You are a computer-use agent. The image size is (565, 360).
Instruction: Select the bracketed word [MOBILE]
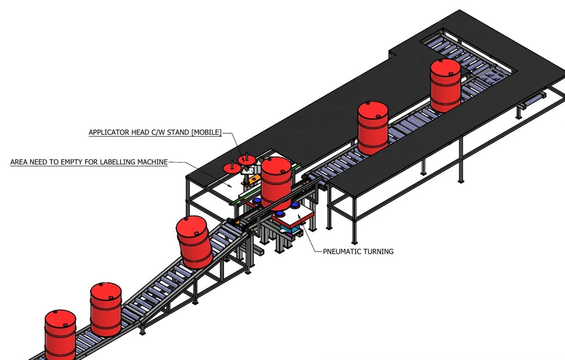[206, 132]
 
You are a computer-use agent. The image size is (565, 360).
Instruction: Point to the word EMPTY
[71, 162]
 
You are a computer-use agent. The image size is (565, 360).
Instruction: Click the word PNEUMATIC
[341, 252]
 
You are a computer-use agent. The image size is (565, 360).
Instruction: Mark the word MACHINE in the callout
[153, 162]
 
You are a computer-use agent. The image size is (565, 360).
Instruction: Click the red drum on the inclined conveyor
[194, 242]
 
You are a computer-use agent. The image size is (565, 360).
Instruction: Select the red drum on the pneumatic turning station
[276, 184]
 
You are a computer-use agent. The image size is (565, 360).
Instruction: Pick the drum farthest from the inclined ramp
[445, 86]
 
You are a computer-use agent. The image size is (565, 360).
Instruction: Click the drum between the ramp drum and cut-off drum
[106, 309]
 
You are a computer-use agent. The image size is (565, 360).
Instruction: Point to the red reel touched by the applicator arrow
[247, 160]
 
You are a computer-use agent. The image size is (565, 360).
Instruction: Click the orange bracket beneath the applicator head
[254, 179]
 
